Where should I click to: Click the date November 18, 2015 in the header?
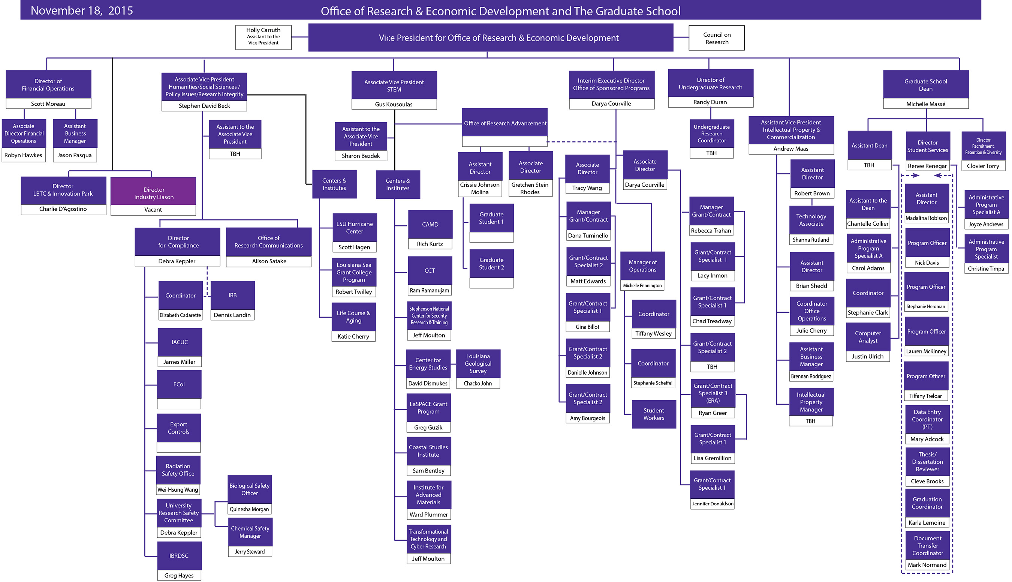82,10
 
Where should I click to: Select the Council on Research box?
716,38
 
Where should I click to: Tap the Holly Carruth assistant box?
263,37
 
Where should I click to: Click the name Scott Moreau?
48,104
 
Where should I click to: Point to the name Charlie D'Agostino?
63,209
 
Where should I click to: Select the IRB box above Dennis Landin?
232,295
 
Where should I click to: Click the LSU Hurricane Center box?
354,228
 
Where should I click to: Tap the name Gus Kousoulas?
394,104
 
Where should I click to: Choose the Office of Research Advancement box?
505,123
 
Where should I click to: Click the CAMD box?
430,224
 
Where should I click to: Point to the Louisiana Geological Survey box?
478,363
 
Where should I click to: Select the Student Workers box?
654,414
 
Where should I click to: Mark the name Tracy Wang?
587,188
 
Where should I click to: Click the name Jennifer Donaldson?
713,504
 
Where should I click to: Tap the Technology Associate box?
811,220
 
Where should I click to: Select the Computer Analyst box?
868,337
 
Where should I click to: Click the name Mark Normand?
927,565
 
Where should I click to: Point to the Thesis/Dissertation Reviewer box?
927,462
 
